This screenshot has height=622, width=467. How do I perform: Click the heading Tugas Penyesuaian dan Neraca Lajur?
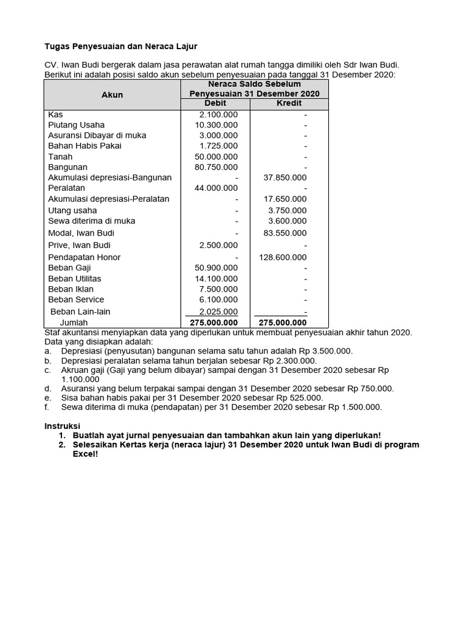coord(121,46)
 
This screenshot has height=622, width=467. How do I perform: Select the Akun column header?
coord(112,95)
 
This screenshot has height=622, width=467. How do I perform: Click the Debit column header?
coord(215,104)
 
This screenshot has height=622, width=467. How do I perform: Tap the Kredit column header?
coord(289,104)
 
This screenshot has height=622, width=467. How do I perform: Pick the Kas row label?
coord(55,114)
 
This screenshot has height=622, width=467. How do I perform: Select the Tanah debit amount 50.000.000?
coord(213,157)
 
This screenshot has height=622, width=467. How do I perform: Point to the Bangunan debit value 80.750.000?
coord(213,167)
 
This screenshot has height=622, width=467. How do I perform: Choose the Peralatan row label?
coord(66,188)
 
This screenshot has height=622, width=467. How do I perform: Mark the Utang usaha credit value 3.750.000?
coord(288,210)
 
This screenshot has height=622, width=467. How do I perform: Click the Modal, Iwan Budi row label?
coord(81,233)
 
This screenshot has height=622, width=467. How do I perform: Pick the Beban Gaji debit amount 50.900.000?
coord(213,267)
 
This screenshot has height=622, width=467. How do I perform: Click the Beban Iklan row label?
coord(71,289)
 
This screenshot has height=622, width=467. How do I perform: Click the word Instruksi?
coord(63,425)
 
